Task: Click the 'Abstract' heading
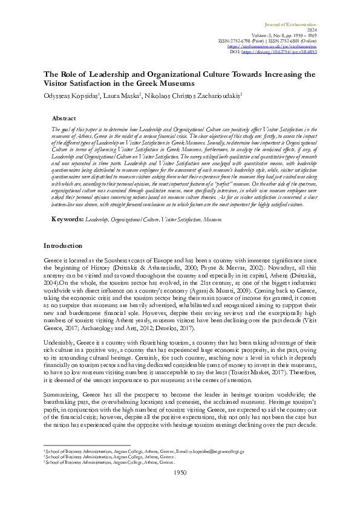point(80,119)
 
